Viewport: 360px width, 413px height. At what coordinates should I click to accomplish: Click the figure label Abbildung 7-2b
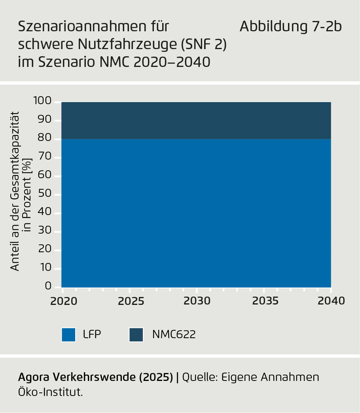coord(291,27)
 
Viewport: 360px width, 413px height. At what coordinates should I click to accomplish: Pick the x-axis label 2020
coord(63,301)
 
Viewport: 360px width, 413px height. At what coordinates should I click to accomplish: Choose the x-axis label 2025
coord(131,301)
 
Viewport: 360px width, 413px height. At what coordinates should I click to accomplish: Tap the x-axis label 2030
coord(197,301)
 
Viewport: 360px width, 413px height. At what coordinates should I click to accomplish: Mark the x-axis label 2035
coord(265,301)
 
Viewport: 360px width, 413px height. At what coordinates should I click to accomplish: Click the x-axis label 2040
coord(332,301)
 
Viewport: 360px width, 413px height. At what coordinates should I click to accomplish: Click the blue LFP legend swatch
coord(68,335)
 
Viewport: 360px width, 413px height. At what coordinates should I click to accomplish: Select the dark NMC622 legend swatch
coord(136,335)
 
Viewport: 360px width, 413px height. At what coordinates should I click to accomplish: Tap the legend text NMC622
coord(174,335)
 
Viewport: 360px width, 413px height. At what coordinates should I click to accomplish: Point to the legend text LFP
coord(92,335)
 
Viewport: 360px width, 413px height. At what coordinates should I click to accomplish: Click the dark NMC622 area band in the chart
coord(196,120)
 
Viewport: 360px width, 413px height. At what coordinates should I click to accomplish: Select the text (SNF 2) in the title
coord(203,44)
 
